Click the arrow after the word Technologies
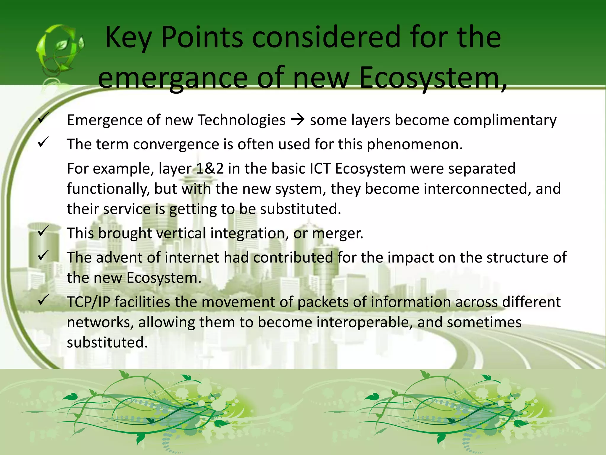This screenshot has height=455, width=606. [x=298, y=120]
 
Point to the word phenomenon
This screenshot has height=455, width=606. [x=414, y=145]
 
